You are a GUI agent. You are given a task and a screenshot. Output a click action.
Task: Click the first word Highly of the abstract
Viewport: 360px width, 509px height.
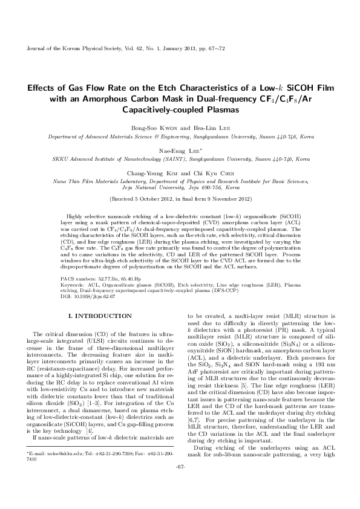point(80,215)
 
